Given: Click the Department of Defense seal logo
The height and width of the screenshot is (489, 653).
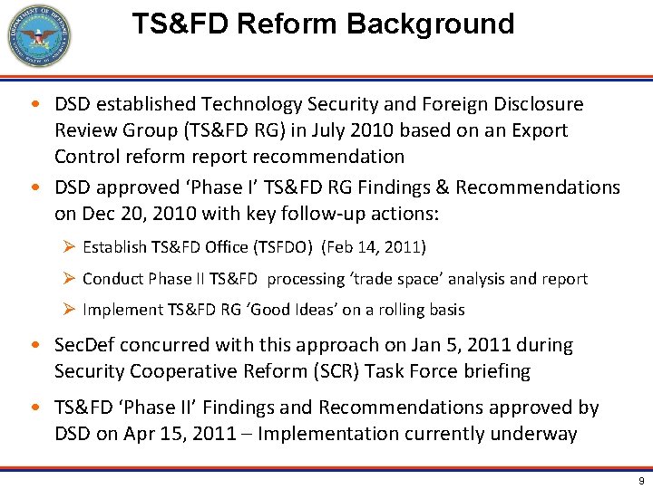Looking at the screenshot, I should point(38,36).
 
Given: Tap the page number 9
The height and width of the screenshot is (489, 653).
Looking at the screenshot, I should point(639,481).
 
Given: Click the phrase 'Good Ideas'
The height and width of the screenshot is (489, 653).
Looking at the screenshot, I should point(287,310).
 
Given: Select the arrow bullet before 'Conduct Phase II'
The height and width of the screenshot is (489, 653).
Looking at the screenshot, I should point(68,279).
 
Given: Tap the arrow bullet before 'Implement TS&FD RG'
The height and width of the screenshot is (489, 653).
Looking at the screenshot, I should point(68,310).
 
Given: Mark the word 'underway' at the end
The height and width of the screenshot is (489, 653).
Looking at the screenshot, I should point(534,434).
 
